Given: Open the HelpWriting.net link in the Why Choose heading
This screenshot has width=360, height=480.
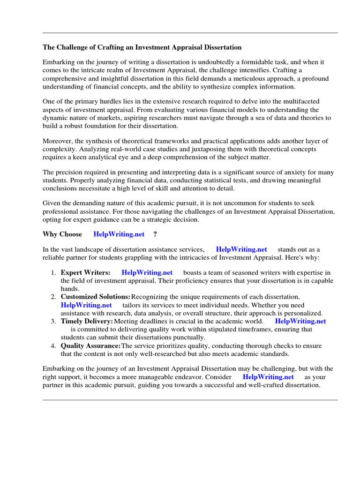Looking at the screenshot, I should click(119, 234).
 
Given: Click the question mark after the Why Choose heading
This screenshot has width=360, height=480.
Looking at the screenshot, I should click(155, 234).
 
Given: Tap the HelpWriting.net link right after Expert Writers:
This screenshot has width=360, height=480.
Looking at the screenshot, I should click(147, 273).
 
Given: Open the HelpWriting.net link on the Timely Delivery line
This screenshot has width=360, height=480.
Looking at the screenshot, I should click(300, 322).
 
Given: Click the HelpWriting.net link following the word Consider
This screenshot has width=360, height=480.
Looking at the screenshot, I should click(268, 377).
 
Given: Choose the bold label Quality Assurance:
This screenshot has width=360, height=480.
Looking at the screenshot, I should click(90, 346).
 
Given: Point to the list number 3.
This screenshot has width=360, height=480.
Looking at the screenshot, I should click(53, 322).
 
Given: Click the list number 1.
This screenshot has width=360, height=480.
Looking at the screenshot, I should click(53, 273).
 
